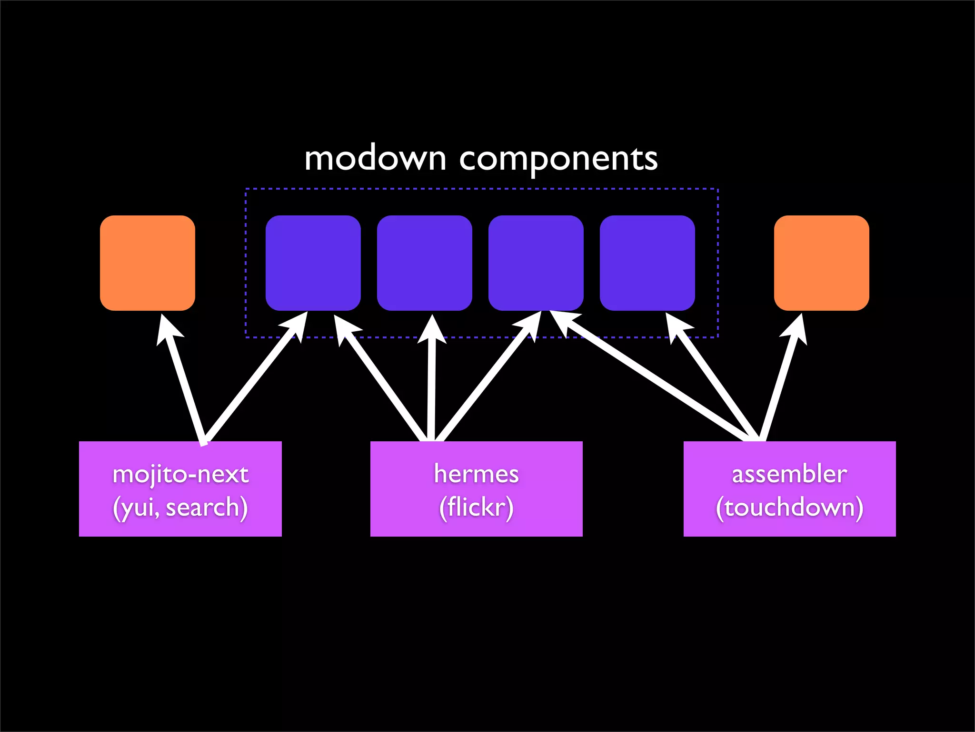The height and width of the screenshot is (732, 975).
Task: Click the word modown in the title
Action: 375,159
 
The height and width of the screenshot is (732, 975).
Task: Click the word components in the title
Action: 558,160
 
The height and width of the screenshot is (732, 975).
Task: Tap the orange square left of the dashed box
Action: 148,263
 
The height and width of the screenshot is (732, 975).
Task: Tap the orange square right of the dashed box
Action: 821,263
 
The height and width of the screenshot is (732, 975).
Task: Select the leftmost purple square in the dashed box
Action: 313,263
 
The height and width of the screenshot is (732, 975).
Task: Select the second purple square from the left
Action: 424,263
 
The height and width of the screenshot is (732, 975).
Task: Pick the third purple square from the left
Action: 536,263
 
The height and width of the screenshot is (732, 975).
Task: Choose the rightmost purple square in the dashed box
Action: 647,263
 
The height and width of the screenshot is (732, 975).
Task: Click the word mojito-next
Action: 180,474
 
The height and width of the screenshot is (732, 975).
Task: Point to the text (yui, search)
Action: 180,507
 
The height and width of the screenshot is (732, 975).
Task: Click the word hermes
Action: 476,474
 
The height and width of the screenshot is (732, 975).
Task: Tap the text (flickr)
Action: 476,507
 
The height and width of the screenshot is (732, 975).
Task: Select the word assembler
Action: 789,474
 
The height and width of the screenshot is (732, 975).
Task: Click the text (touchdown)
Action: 789,507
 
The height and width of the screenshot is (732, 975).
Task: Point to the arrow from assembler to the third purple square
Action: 652,376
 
